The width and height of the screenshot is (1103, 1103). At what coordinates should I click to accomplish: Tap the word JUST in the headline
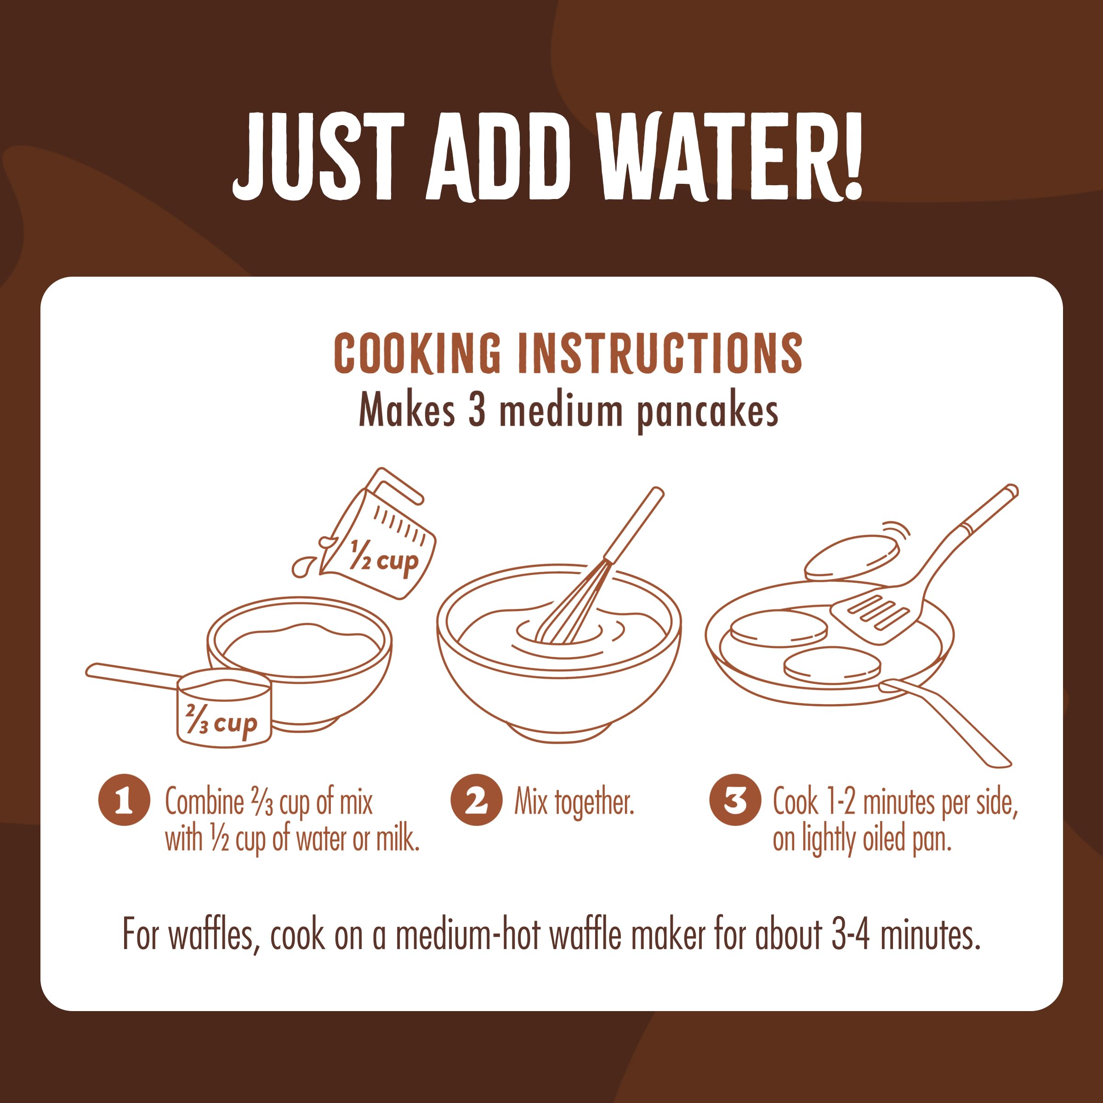[318, 156]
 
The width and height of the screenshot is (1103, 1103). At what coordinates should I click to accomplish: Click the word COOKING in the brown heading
[417, 354]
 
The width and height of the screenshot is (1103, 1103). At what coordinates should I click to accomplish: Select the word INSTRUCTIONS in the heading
[660, 354]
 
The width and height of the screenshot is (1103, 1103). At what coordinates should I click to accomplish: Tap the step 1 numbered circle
[124, 800]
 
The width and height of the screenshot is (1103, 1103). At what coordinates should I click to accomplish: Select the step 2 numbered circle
[476, 800]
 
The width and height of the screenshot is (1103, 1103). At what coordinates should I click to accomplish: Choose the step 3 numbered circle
[735, 800]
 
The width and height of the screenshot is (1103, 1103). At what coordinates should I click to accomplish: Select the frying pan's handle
[945, 722]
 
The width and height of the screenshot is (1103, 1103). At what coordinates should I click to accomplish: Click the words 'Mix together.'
[574, 802]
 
